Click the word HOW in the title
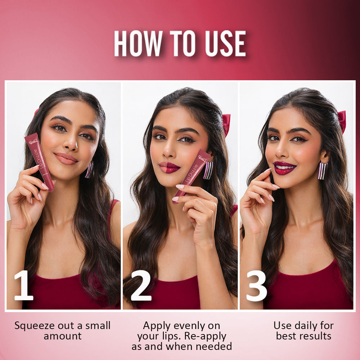[138, 44]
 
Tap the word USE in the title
[225, 44]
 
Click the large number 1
[24, 285]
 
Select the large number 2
[141, 285]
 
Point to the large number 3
[256, 286]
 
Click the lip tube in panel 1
[39, 162]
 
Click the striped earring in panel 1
[89, 170]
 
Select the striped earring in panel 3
[323, 171]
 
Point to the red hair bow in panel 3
[342, 121]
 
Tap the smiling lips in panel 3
[284, 168]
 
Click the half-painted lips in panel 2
[169, 167]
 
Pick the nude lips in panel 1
[66, 159]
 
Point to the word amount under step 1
[63, 336]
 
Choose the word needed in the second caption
[214, 346]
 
